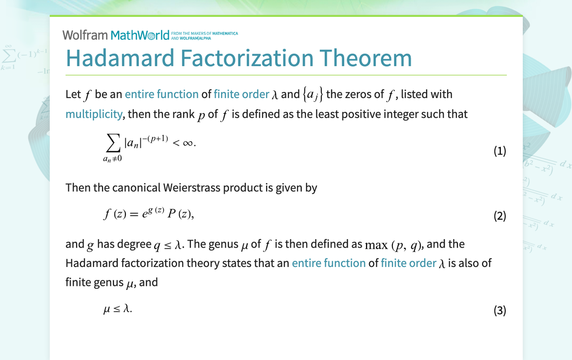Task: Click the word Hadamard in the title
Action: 120,58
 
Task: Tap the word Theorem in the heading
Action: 366,58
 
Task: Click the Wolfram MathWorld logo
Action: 116,35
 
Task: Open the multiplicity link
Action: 94,114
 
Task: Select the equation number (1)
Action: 500,151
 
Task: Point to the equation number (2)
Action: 500,216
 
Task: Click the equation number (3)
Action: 500,310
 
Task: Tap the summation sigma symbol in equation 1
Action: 113,143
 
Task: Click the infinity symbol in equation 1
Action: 188,143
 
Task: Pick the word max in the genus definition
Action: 376,245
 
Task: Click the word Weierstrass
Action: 191,187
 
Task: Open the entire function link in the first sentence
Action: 162,94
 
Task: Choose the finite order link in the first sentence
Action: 242,94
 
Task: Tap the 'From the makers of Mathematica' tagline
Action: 204,36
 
